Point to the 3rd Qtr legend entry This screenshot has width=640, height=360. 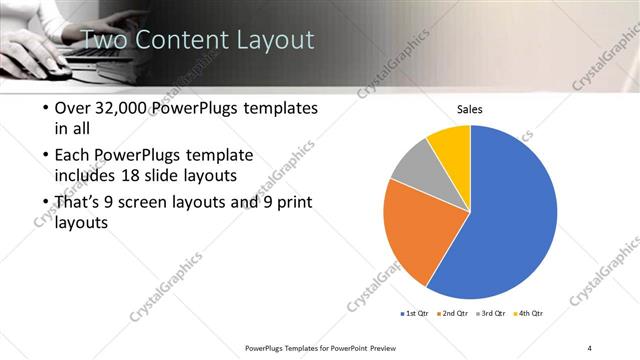491,313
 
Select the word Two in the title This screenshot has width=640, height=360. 102,40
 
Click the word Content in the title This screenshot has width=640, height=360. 178,40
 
